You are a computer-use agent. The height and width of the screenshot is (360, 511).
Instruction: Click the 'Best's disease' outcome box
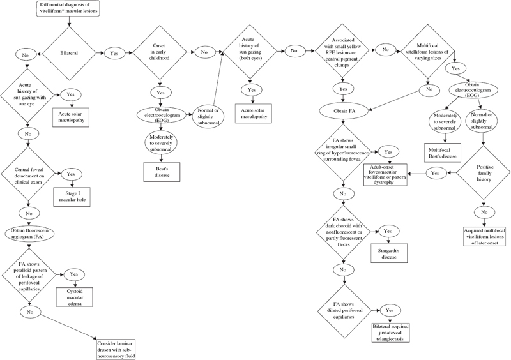pyautogui.click(x=162, y=170)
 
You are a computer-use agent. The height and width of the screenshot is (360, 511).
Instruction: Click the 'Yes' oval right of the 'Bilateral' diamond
pyautogui.click(x=115, y=54)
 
